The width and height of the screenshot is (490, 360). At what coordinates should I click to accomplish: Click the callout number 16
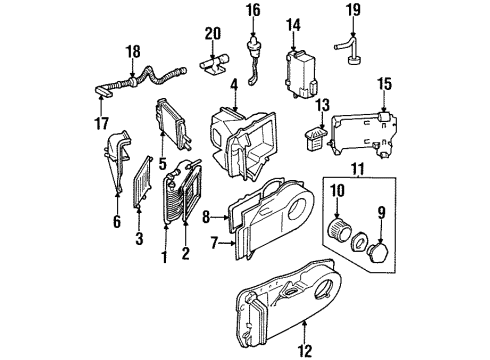pyautogui.click(x=253, y=11)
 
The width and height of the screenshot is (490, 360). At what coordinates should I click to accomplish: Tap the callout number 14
pyautogui.click(x=293, y=24)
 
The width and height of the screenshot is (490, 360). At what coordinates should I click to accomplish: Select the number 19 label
pyautogui.click(x=351, y=11)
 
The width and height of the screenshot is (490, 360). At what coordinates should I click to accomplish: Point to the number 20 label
pyautogui.click(x=211, y=33)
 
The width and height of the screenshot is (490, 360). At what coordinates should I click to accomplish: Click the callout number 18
pyautogui.click(x=132, y=51)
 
